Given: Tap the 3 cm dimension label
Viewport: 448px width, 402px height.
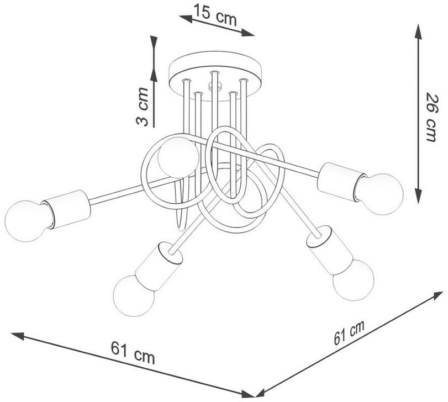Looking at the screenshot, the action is click(x=142, y=107).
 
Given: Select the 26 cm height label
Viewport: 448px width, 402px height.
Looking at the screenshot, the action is click(x=431, y=117).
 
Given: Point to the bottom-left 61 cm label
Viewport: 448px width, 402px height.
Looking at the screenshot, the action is click(x=133, y=352).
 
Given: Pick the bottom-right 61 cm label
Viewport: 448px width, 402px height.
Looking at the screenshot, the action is click(x=349, y=332).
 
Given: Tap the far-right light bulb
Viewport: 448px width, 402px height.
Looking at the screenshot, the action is click(x=379, y=194).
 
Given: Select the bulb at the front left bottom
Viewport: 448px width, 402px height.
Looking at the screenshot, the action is click(x=134, y=295).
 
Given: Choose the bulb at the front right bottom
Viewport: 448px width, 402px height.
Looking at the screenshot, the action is click(x=354, y=279).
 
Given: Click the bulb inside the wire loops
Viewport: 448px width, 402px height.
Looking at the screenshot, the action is click(x=178, y=157).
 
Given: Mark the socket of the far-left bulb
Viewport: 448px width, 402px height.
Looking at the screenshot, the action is click(x=66, y=209).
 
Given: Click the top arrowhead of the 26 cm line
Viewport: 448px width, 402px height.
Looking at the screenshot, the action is click(x=418, y=31).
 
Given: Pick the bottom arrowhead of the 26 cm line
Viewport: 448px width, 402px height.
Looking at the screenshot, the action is click(x=418, y=196).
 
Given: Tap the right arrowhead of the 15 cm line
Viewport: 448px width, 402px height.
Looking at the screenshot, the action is click(x=247, y=33).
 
